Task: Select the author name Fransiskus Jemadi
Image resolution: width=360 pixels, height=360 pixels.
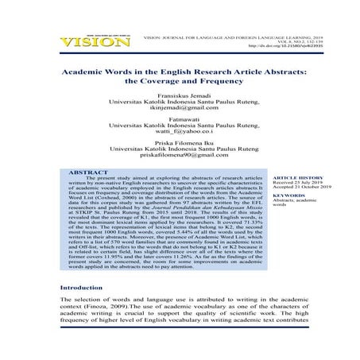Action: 180,103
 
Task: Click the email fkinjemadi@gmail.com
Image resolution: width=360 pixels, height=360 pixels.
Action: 180,118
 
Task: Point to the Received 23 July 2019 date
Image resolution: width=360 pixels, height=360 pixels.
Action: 295,207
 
